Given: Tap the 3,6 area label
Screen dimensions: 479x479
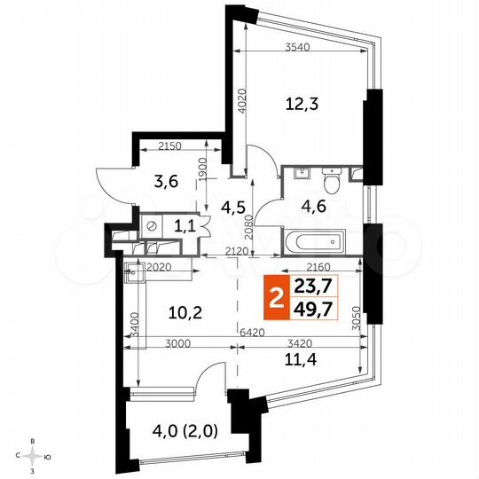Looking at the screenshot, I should click(166, 182).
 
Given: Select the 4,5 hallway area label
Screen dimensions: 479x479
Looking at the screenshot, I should click(232, 209).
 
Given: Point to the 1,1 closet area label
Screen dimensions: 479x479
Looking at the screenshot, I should click(185, 226).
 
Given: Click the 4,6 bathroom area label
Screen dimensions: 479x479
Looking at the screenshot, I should click(315, 210).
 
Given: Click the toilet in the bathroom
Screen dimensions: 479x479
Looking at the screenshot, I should click(332, 182).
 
